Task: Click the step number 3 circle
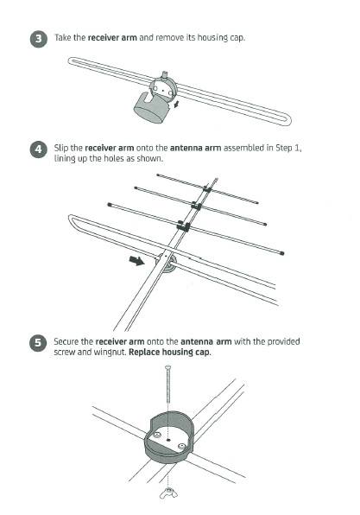39,39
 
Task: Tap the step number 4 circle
39,149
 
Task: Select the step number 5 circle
38,343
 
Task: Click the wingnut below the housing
168,493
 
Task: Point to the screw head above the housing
168,367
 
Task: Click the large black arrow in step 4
137,260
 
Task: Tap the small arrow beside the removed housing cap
177,105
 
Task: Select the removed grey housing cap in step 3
152,107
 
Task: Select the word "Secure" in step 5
66,341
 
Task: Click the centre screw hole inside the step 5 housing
168,440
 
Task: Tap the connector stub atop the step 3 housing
164,75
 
